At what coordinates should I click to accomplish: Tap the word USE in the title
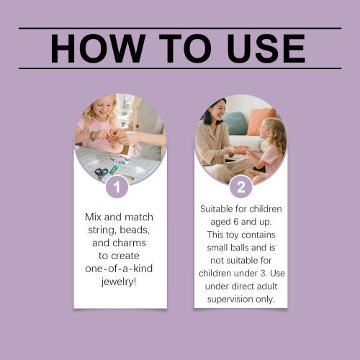point(266,48)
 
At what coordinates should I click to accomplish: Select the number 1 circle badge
point(117,186)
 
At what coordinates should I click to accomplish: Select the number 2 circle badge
point(240,186)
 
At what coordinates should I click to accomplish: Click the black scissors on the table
point(102,174)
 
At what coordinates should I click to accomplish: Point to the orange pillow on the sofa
point(261,121)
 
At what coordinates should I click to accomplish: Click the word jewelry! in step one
point(119,282)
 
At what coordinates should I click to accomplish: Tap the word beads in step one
point(135,230)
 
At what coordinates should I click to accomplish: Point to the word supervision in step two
point(230,300)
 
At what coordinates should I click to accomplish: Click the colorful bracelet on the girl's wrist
point(92,136)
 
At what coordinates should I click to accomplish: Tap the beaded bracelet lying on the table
point(120,159)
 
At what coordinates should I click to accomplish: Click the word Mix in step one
point(93,217)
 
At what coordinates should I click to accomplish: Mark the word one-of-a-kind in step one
point(119,269)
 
